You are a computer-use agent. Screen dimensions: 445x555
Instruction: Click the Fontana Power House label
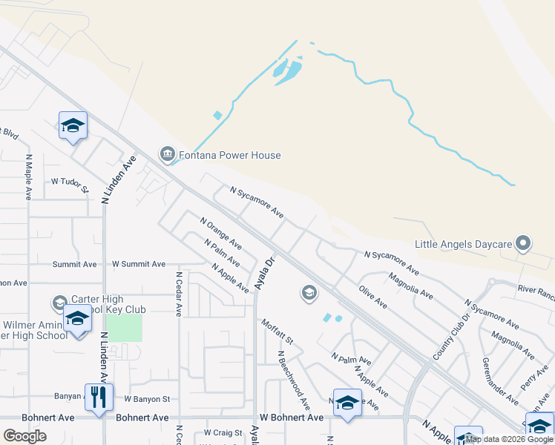[x=229, y=156]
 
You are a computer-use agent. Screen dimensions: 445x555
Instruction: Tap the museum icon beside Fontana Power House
[x=166, y=155]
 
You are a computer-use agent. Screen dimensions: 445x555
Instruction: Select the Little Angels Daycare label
[x=464, y=244]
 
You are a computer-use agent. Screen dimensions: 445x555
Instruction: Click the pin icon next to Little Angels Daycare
[x=524, y=243]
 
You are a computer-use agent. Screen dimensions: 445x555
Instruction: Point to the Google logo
[x=25, y=435]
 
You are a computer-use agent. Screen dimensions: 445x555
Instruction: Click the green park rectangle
[x=123, y=328]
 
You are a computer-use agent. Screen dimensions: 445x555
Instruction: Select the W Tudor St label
[x=69, y=181]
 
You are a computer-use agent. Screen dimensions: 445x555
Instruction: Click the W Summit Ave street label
[x=138, y=264]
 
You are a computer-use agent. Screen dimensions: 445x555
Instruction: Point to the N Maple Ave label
[x=28, y=177]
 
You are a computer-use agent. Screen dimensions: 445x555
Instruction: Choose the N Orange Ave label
[x=221, y=231]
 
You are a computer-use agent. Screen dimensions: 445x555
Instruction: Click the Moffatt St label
[x=277, y=331]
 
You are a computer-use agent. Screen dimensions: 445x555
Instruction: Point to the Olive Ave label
[x=372, y=296]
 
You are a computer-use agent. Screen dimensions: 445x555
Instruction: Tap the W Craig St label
[x=223, y=432]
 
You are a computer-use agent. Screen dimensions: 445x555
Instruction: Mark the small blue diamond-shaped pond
[x=217, y=116]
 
